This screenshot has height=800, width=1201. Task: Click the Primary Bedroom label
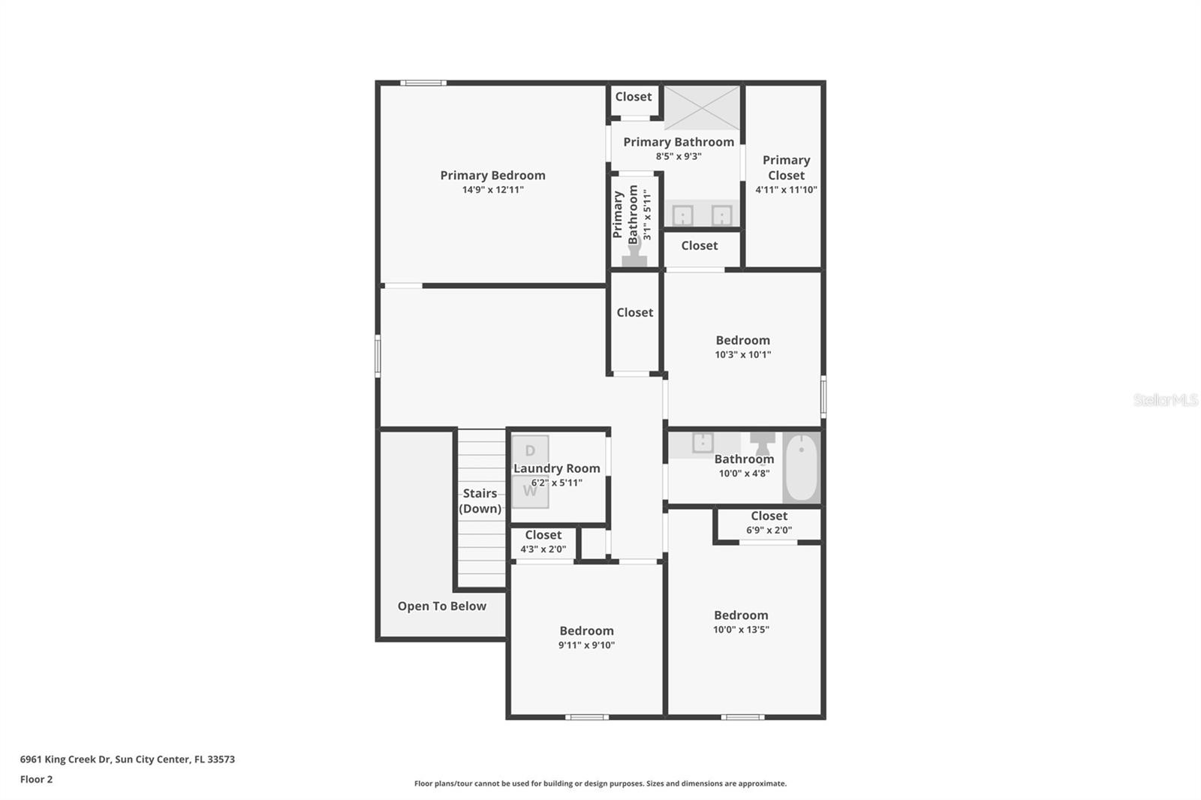coord(492,175)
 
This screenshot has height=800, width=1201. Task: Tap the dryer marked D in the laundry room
coord(530,451)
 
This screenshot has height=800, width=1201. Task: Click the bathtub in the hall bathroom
coord(801,467)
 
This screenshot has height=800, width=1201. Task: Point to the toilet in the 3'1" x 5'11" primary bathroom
coord(634,258)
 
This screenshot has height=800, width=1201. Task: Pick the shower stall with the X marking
coord(702,108)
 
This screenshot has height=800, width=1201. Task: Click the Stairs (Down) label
coord(480,501)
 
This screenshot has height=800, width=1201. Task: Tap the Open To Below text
coord(441,606)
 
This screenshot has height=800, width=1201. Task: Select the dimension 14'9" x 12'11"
coord(492,190)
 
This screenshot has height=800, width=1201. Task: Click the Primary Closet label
coord(786,167)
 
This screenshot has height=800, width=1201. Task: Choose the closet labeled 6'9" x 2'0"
coord(769,522)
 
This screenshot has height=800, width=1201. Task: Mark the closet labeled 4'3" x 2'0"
coord(543,541)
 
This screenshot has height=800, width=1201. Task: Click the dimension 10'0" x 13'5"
coord(741,630)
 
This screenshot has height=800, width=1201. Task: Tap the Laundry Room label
coord(557,468)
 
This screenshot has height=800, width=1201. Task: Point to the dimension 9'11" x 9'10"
coord(586,645)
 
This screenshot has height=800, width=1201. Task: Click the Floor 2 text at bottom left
coord(36,779)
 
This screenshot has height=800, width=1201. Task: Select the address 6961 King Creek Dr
coord(127,759)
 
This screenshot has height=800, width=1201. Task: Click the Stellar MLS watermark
coord(1165,400)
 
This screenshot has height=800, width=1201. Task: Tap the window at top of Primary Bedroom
coord(423,83)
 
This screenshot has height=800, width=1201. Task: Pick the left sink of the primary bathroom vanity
coord(682,215)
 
